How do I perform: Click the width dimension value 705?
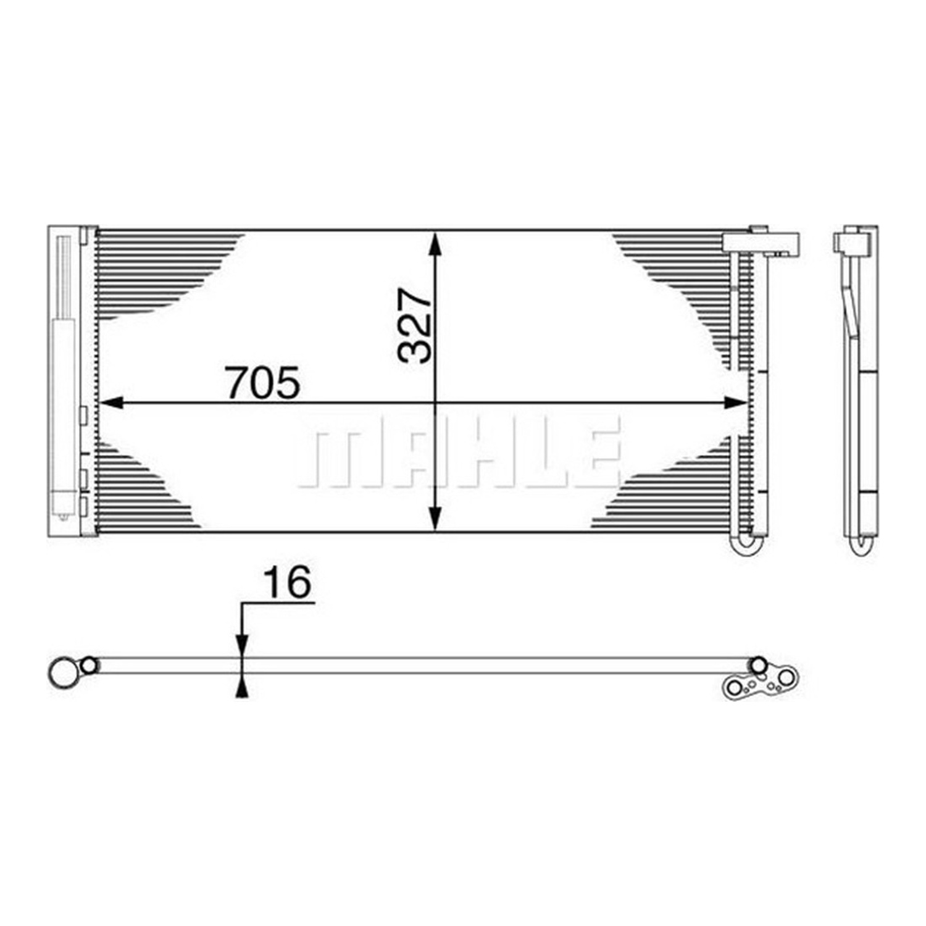264,383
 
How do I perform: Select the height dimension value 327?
414,325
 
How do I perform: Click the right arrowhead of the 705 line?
736,403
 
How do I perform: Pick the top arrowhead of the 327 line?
435,243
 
